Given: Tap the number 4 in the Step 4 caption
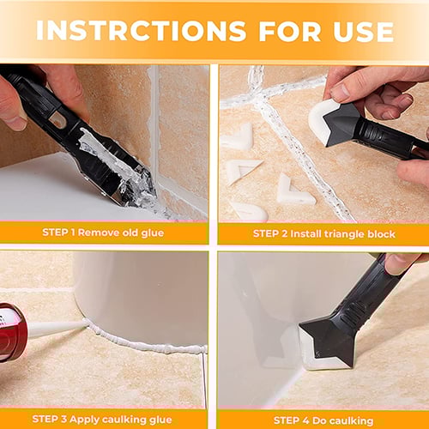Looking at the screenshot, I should pyautogui.click(x=307, y=420).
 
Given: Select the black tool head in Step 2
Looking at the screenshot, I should pyautogui.click(x=347, y=125).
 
